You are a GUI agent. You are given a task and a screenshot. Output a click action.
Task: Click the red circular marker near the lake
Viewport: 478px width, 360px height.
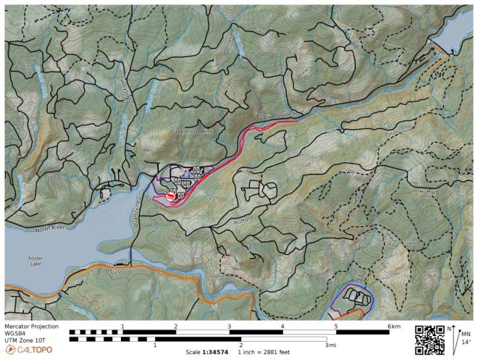pos(171,196)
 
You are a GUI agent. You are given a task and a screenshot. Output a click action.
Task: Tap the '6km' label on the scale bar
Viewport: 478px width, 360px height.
pos(394,327)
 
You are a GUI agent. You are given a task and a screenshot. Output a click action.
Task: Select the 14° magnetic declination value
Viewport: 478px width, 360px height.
pos(466,341)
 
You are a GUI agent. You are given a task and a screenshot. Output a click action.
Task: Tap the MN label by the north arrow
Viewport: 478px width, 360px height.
pos(466,333)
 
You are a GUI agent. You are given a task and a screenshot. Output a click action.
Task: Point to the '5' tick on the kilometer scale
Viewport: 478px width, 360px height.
pos(336,327)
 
